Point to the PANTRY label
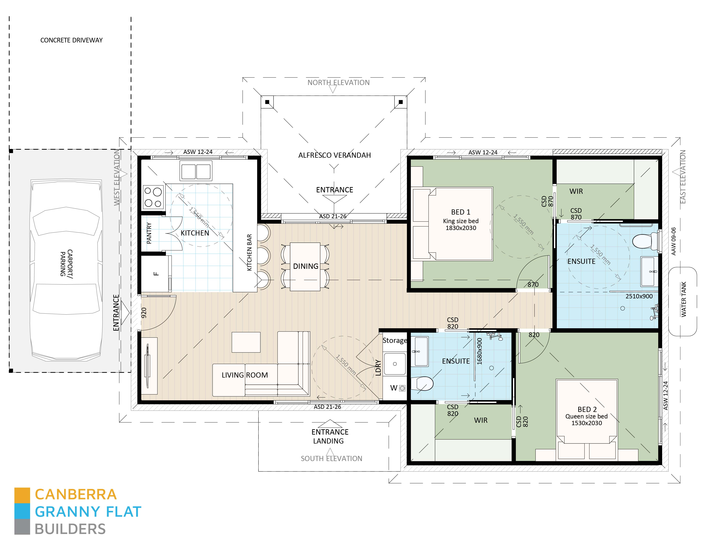[x=149, y=233]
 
